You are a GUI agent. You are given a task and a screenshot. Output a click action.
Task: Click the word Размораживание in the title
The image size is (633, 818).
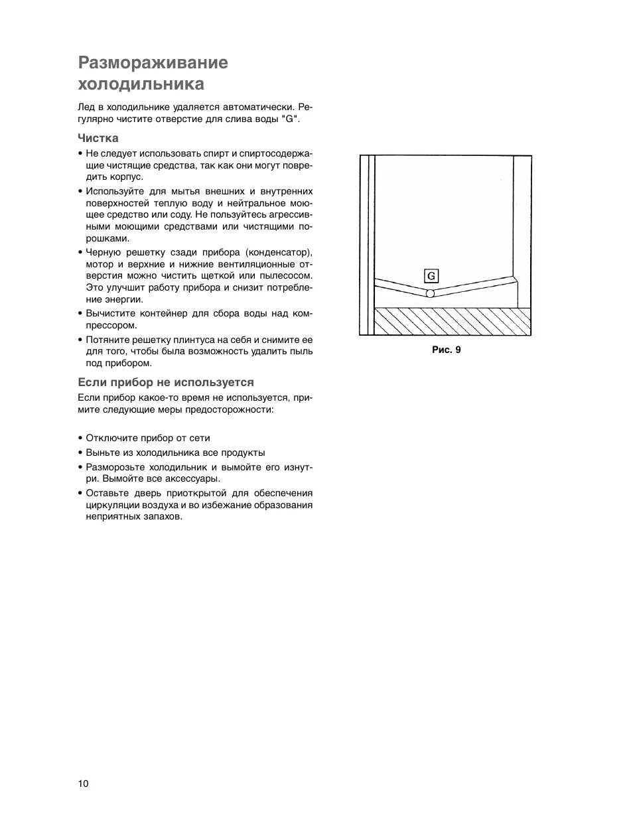[153, 63]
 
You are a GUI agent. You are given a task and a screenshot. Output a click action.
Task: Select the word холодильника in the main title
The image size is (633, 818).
[141, 85]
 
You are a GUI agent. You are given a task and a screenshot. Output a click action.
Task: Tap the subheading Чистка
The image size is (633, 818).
[98, 138]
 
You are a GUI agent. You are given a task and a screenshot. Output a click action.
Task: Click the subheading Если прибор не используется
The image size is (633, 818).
[166, 382]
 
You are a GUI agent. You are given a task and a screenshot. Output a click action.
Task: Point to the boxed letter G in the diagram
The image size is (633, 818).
[431, 276]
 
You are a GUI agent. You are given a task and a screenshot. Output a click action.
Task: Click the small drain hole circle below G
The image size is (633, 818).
[430, 293]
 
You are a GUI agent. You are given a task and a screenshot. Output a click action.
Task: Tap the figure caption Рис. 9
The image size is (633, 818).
[446, 350]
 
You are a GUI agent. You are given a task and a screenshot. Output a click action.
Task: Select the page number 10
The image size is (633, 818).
[83, 784]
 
